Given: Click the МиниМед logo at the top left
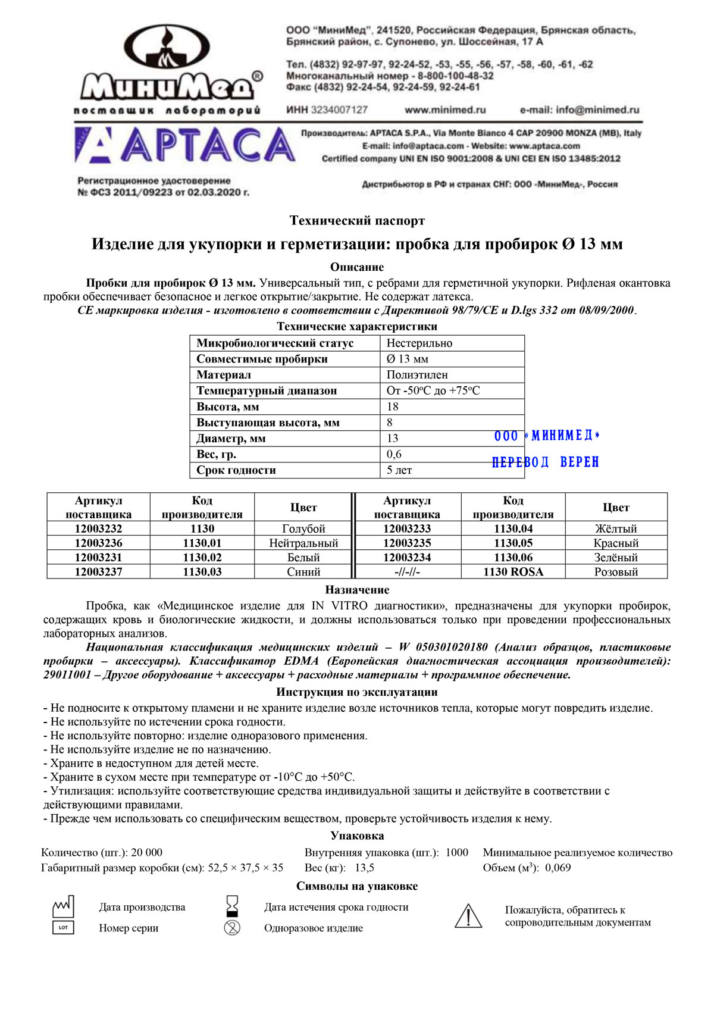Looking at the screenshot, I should click(x=168, y=65).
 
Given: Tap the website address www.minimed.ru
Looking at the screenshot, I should click(x=445, y=110).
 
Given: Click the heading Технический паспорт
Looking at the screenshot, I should click(x=357, y=221).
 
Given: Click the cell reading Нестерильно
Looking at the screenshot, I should click(x=419, y=343).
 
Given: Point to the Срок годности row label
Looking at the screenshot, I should click(x=236, y=470).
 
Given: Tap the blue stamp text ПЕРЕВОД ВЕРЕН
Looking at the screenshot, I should click(x=545, y=462).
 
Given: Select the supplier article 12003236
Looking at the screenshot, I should click(x=98, y=543).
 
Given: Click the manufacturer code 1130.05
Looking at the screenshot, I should click(x=513, y=543).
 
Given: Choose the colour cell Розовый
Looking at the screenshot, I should click(x=616, y=571).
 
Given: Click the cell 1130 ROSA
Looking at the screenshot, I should click(x=513, y=571).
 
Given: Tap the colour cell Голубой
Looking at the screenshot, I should click(x=303, y=529).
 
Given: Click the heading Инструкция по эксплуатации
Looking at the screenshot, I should click(x=357, y=692).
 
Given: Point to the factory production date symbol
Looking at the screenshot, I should click(x=64, y=906).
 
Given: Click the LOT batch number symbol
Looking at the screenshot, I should click(x=64, y=927).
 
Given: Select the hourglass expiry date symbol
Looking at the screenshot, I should click(x=232, y=906).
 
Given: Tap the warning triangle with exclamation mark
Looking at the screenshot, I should click(x=468, y=915).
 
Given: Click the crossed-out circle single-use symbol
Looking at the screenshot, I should click(x=232, y=927).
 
